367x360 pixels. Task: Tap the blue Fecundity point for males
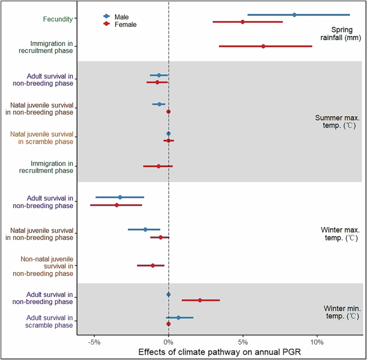pos(294,15)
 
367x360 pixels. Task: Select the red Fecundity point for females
pos(243,22)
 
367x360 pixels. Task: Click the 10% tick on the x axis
pos(317,342)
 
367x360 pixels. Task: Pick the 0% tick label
pos(168,342)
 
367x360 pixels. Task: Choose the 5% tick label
pos(243,342)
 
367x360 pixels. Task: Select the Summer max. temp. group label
pos(335,122)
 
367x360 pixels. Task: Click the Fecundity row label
pos(58,19)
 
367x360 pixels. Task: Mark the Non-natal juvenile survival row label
pos(47,266)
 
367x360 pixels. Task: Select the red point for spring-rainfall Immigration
pos(263,47)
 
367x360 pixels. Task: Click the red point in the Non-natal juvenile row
pos(153,265)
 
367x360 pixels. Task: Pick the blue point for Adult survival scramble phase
pos(178,318)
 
